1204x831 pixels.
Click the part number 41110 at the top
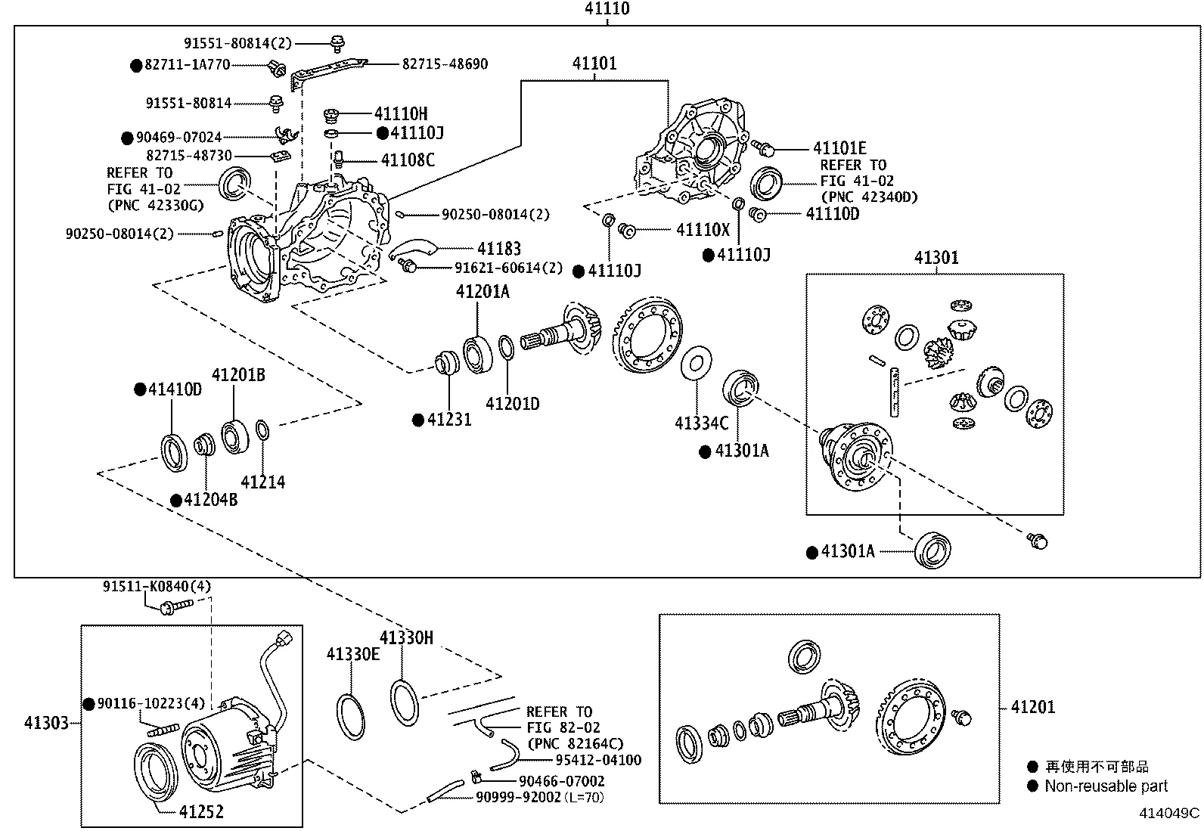[607, 9]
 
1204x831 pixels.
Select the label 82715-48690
[445, 64]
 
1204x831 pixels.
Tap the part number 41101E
[839, 148]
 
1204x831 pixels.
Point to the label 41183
[498, 249]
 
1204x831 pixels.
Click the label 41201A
[482, 292]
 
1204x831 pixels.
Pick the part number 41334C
[701, 423]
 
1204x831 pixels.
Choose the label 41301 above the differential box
[936, 258]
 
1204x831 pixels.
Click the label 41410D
[175, 389]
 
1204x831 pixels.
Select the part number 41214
[262, 482]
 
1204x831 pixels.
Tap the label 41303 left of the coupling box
[46, 723]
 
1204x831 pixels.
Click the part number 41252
[201, 812]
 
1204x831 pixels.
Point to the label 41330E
[352, 654]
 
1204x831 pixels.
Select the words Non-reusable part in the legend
[1106, 786]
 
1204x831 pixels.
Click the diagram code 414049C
[1170, 814]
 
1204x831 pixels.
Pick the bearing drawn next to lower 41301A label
[933, 550]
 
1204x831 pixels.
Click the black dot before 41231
[418, 420]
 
